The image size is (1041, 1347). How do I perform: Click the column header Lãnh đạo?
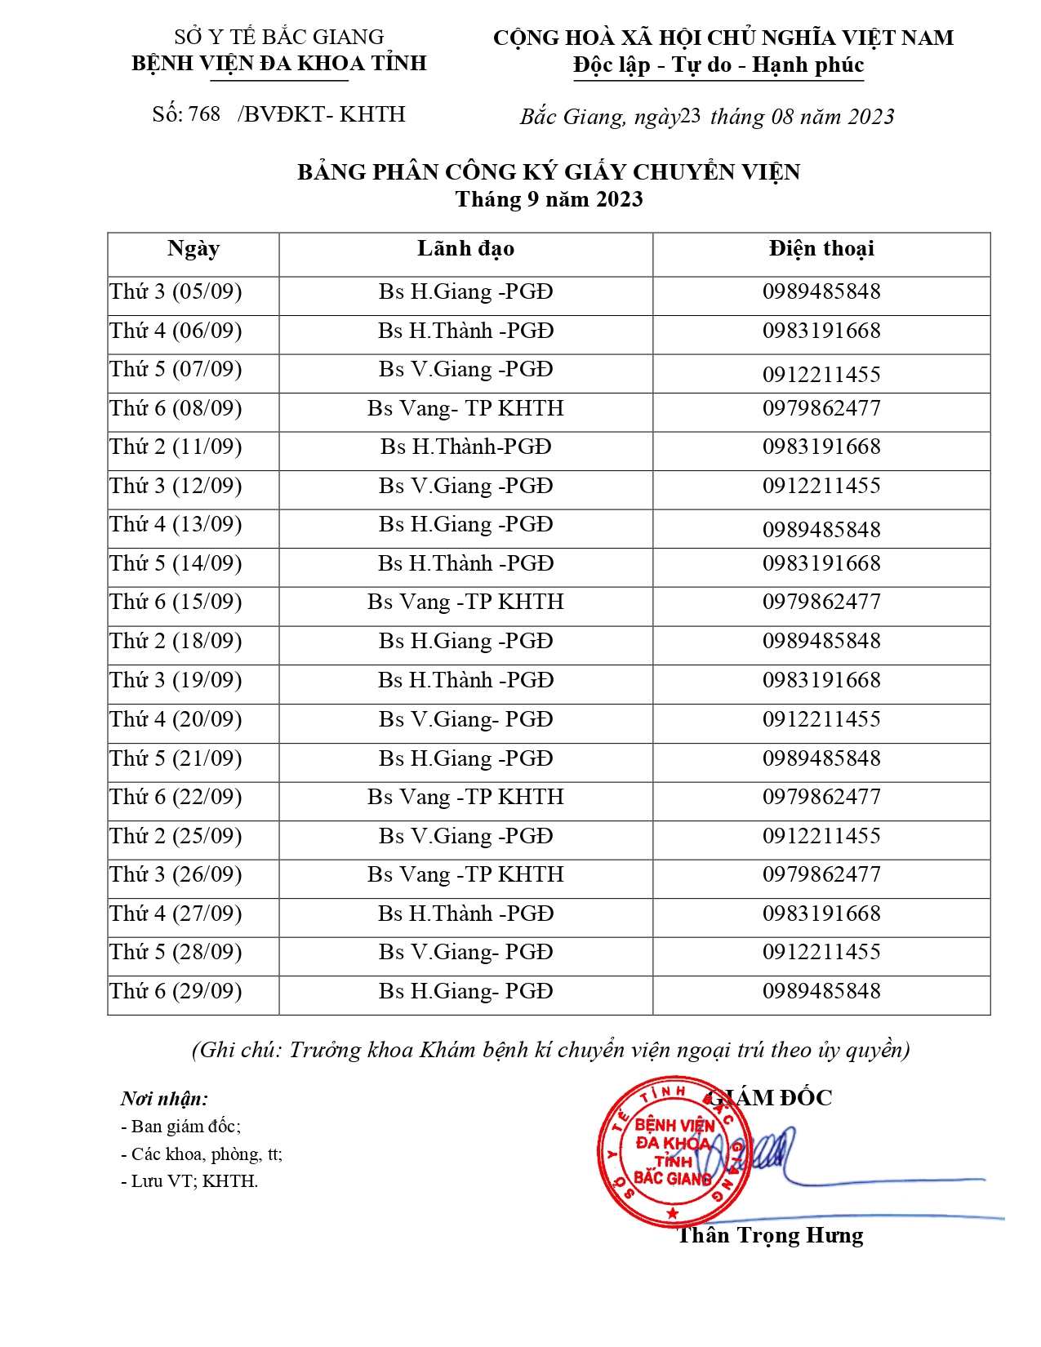point(465,249)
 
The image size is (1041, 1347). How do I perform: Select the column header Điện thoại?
point(821,249)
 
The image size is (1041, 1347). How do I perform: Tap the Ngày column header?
point(194,249)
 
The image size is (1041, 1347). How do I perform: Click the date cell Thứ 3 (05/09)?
point(176,292)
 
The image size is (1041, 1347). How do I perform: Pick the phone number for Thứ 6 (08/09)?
point(821,408)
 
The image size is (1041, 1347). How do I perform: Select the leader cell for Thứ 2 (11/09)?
point(465,447)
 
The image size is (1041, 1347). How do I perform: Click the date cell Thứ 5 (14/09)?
point(176,564)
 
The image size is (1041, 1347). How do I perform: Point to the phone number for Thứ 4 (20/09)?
point(821,720)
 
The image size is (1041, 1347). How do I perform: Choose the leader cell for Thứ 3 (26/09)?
point(465,875)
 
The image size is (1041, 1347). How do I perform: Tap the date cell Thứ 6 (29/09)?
point(176,992)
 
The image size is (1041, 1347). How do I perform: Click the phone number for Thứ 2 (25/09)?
point(821,837)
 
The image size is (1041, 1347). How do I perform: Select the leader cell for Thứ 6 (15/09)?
point(465,602)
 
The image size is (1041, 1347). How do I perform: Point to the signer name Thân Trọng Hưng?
point(770,1236)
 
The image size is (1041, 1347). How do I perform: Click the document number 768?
point(204,114)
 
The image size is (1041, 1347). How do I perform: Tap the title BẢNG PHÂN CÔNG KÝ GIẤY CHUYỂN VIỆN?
point(549,172)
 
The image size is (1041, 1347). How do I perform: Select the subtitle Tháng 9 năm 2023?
point(549,200)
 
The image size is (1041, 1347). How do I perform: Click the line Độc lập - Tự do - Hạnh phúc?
point(718,65)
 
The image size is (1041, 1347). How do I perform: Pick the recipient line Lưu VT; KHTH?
point(189,1181)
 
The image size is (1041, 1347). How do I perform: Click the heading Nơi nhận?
point(164,1099)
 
